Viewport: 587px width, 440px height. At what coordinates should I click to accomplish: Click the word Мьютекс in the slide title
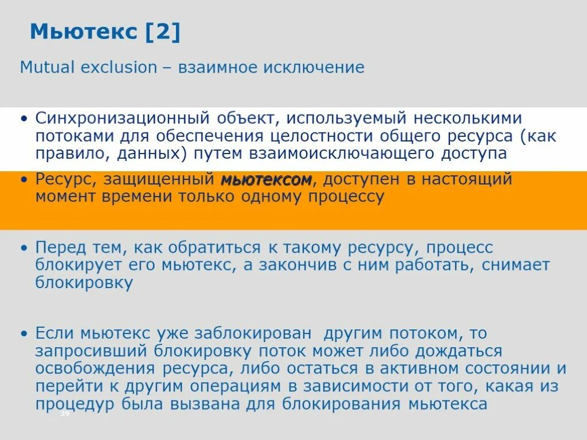[x=83, y=32]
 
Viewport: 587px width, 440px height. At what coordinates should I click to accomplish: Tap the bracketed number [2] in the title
[x=163, y=32]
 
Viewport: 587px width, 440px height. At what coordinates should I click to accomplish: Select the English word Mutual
[x=48, y=68]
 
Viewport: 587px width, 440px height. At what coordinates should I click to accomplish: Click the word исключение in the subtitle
[x=314, y=68]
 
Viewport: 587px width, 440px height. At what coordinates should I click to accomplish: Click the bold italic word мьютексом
[x=266, y=180]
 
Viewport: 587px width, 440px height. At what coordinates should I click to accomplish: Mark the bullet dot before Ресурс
[x=24, y=180]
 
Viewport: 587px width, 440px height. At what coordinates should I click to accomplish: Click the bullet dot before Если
[x=24, y=333]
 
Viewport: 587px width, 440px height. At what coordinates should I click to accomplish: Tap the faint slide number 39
[x=64, y=414]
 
